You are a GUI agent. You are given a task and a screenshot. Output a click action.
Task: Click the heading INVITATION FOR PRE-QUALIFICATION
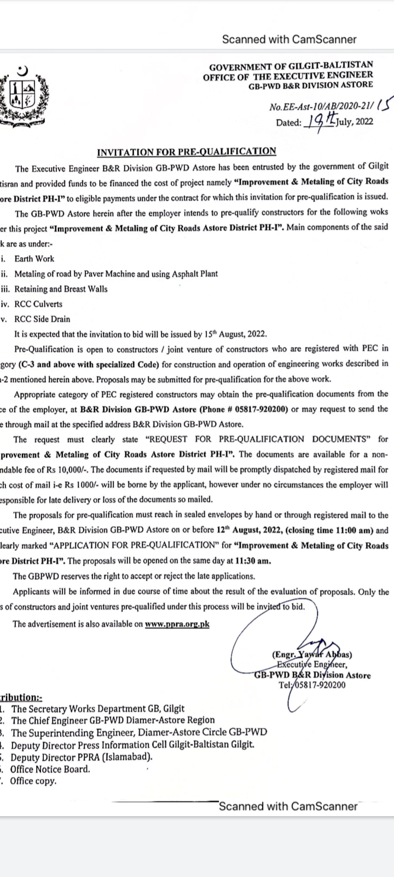(187, 151)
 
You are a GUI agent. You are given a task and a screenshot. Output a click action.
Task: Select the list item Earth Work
(34, 259)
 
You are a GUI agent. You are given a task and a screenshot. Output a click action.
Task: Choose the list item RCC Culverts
(38, 304)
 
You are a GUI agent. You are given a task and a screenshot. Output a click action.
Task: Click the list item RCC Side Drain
(42, 318)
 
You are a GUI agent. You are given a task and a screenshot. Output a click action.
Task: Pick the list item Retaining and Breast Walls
(61, 289)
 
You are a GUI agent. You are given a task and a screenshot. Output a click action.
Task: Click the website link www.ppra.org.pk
(177, 624)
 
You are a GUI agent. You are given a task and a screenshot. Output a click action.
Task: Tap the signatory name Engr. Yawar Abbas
(311, 654)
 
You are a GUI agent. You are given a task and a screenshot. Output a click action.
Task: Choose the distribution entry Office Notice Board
(50, 769)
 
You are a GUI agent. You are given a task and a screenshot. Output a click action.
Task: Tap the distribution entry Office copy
(33, 781)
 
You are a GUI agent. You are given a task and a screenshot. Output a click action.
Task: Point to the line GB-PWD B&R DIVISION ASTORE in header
(311, 85)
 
